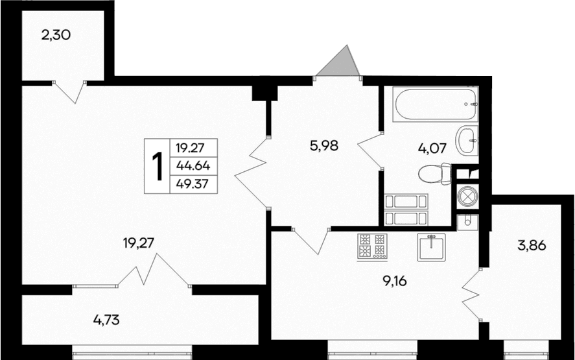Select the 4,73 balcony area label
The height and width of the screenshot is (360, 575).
pos(106,319)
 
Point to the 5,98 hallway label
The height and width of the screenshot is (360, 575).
pos(325,146)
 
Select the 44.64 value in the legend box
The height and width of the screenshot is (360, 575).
pos(193,165)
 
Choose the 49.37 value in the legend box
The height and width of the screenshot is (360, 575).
pos(193,184)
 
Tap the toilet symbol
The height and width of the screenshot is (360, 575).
pos(435,174)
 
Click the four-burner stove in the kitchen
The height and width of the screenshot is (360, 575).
pos(371,246)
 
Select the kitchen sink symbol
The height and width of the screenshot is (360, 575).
pos(431,246)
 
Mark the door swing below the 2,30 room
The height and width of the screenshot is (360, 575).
pos(70,91)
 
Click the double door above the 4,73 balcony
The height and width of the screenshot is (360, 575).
pos(154,271)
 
